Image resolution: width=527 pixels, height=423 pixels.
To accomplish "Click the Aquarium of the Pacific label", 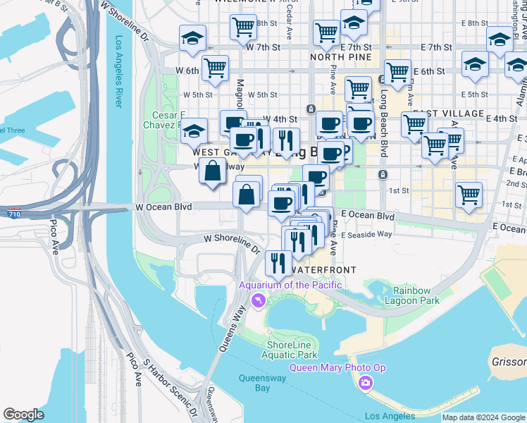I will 290,285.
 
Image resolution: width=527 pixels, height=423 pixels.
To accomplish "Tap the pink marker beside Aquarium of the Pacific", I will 258,301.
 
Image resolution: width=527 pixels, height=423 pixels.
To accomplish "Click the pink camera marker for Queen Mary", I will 365,383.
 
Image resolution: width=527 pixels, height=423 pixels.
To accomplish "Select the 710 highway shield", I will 14,213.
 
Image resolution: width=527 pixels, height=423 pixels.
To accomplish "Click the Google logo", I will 23,415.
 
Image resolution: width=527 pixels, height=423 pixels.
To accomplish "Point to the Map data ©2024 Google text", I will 483,417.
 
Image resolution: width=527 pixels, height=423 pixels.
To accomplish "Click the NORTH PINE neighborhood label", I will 336,57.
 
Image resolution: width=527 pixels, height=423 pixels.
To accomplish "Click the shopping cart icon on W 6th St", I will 215,68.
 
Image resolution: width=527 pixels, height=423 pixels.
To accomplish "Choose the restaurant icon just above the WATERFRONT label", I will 278,262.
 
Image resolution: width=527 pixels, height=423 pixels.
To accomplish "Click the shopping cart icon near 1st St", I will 468,194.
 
